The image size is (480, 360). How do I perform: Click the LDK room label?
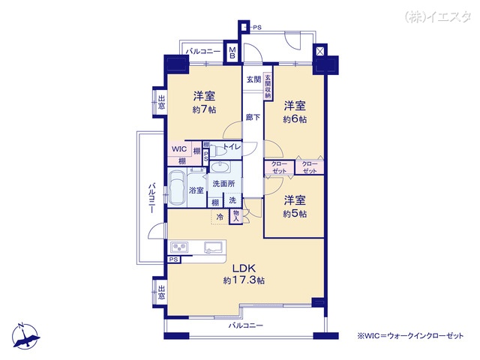[244, 268]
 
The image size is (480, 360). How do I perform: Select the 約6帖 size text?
[295, 118]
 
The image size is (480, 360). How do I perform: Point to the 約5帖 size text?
[295, 213]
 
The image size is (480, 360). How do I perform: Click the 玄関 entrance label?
[252, 79]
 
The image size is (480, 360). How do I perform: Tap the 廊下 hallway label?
[253, 118]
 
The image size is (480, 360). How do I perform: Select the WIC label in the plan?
[178, 149]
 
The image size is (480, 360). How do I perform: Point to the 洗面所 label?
[223, 184]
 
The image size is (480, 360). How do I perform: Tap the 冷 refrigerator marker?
[220, 217]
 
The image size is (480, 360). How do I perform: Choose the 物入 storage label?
[235, 216]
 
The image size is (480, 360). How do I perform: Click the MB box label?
[232, 52]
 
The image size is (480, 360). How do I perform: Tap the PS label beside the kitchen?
[174, 260]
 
